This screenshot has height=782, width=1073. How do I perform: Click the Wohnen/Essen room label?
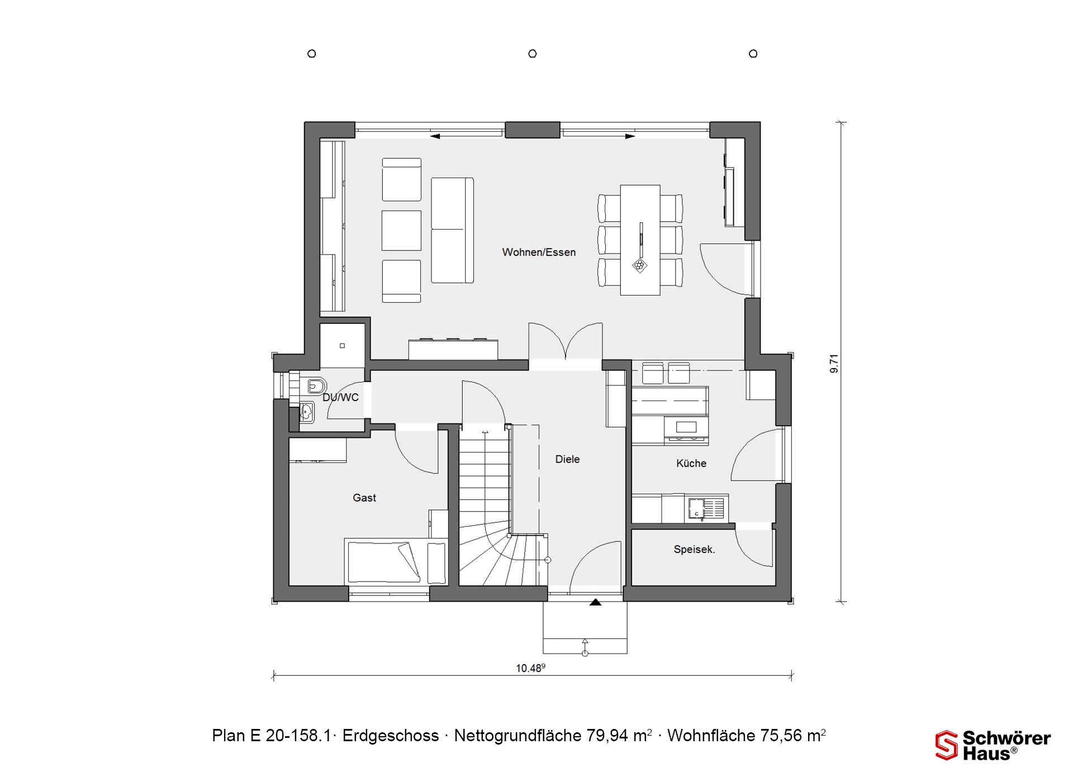pyautogui.click(x=539, y=252)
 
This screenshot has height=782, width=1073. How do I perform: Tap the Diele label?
pyautogui.click(x=567, y=459)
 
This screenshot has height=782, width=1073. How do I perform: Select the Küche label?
pyautogui.click(x=691, y=463)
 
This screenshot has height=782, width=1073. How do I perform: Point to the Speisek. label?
pyautogui.click(x=694, y=550)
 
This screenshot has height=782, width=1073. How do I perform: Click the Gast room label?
pyautogui.click(x=364, y=498)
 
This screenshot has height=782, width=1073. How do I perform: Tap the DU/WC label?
pyautogui.click(x=341, y=398)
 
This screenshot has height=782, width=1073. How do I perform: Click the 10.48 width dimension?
pyautogui.click(x=530, y=668)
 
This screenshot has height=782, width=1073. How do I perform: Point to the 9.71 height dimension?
pyautogui.click(x=834, y=364)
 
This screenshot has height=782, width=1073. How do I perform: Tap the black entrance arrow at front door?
pyautogui.click(x=596, y=602)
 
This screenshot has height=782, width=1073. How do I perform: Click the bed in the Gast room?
pyautogui.click(x=396, y=562)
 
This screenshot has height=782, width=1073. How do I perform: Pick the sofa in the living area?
pyautogui.click(x=453, y=230)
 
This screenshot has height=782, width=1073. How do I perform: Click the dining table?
pyautogui.click(x=640, y=240)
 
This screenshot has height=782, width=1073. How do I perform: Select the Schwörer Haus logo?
pyautogui.click(x=993, y=746)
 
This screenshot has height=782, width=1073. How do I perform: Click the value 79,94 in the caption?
pyautogui.click(x=607, y=736)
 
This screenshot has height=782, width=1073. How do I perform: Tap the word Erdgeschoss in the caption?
pyautogui.click(x=391, y=736)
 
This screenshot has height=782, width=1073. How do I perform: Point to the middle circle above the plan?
pyautogui.click(x=533, y=54)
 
